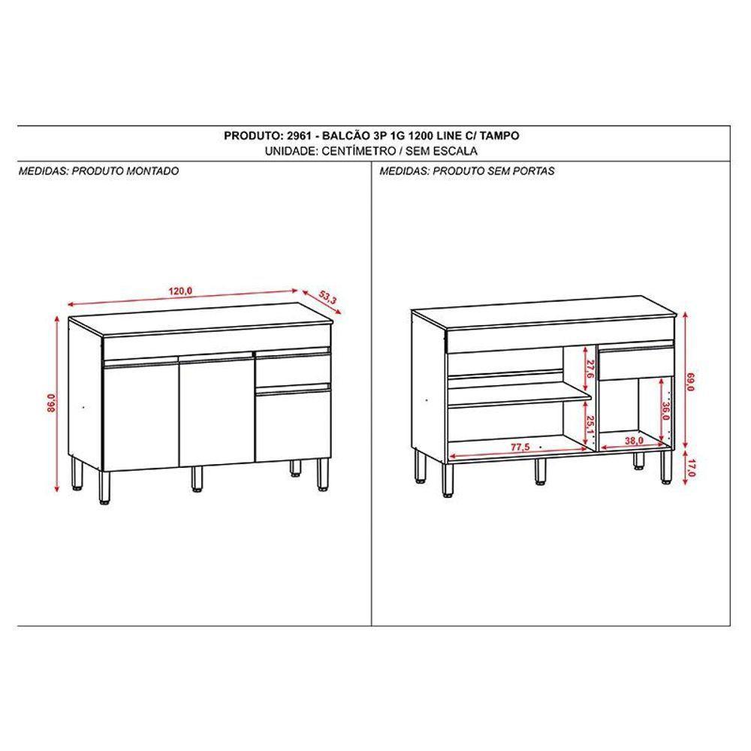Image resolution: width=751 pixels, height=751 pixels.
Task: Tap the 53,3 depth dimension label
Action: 327,296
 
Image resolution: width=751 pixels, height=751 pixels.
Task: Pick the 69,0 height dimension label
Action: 690,384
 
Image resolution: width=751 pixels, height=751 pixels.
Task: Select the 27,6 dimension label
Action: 590,369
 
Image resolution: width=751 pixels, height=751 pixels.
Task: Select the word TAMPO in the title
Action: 497,136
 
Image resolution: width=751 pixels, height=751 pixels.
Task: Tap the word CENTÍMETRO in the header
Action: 360,150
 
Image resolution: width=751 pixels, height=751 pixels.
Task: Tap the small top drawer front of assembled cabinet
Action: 293,368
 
